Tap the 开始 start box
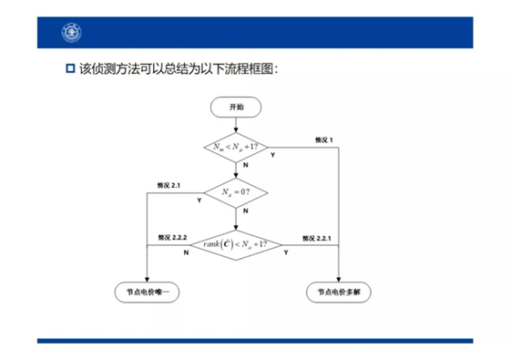point(236,107)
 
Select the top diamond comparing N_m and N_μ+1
point(236,147)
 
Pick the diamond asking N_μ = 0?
point(236,192)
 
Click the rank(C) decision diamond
point(236,243)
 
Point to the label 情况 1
point(323,139)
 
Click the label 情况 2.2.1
point(313,237)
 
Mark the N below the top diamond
point(243,168)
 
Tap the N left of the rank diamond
point(186,252)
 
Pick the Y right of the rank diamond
point(286,252)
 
